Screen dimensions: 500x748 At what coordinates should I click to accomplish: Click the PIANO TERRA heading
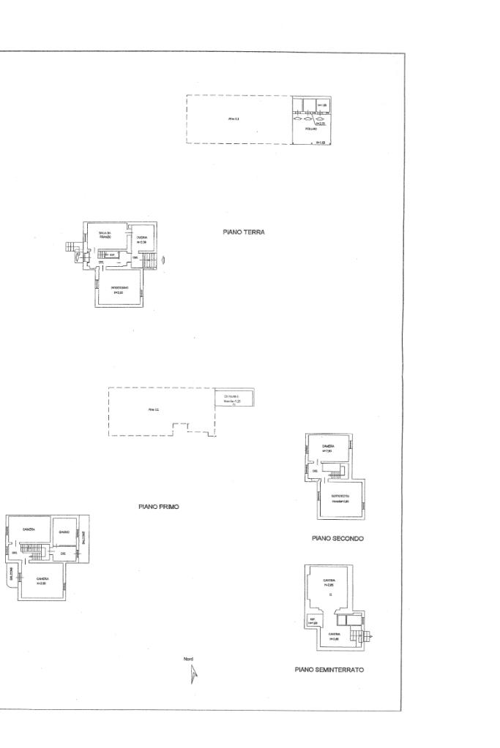point(244,232)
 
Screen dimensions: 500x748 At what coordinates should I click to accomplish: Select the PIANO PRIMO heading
point(159,506)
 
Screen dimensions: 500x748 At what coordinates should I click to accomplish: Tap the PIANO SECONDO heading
point(337,538)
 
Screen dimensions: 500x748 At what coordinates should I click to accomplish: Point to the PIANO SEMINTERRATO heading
point(329,670)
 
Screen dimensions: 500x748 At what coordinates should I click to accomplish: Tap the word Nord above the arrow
point(188,660)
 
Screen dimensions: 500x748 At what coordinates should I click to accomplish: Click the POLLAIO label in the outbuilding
point(311,129)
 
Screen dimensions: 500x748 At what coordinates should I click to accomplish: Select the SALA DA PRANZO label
point(105,235)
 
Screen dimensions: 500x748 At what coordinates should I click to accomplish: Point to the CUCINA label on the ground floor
point(142,238)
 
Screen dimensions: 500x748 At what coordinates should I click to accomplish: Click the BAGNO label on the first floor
point(64,532)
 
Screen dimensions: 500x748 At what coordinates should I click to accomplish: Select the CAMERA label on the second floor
point(328,446)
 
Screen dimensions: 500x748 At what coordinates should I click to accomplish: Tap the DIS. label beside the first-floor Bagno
point(64,554)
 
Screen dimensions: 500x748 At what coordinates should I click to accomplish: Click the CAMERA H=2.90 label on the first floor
point(42,581)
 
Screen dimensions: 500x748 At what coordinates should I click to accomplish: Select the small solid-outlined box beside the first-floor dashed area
point(234,398)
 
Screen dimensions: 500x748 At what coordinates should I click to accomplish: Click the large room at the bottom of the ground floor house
point(120,289)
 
